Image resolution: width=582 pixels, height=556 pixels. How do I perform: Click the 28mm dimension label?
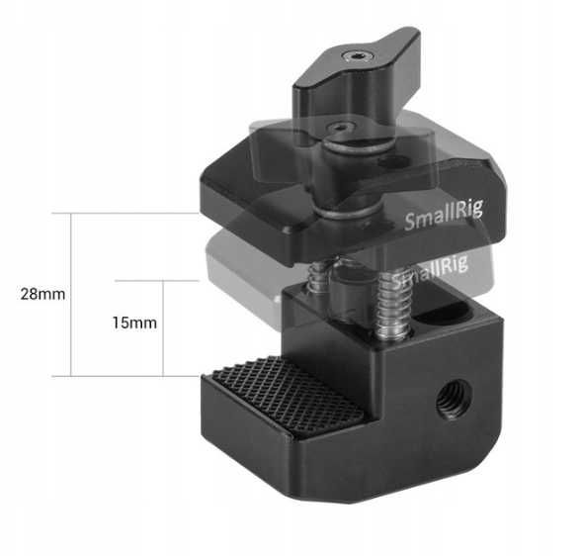click(x=40, y=295)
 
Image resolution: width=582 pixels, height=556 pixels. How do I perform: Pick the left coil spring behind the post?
click(x=316, y=280)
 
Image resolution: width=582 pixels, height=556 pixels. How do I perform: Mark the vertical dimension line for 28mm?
click(x=71, y=295)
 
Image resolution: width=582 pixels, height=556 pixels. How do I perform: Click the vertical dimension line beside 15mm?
click(x=162, y=327)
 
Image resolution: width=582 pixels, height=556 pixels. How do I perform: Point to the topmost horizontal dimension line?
click(x=128, y=213)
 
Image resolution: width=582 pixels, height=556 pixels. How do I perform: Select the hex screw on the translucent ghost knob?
click(x=339, y=127)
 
